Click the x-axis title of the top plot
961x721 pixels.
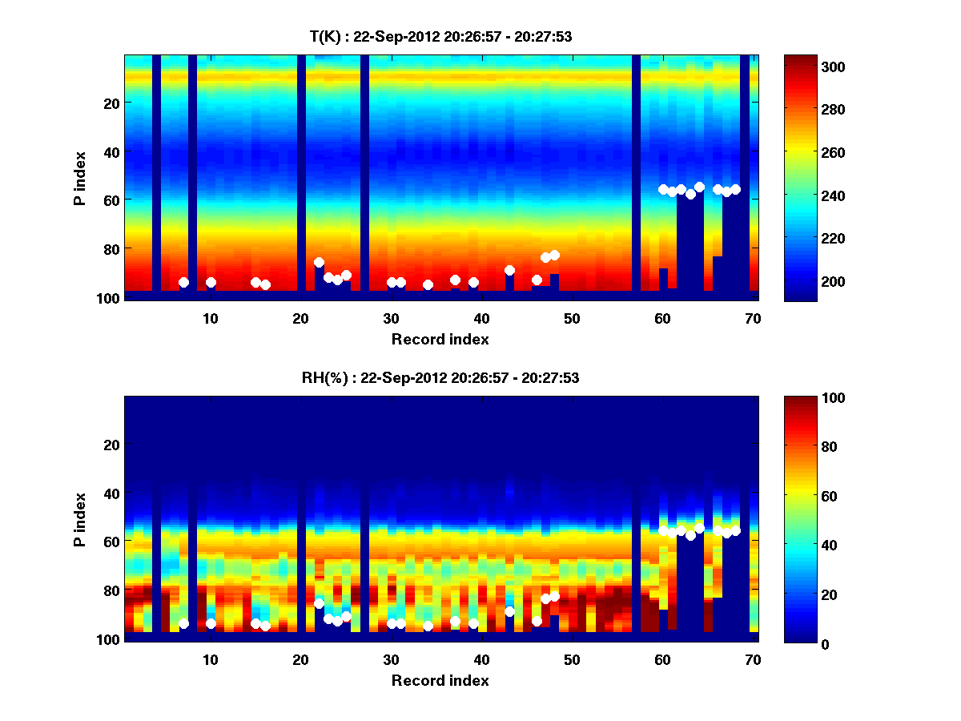click(x=440, y=339)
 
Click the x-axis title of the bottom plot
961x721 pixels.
click(x=440, y=680)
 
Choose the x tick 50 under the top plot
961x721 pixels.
click(x=572, y=317)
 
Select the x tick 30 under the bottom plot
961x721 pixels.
click(x=391, y=659)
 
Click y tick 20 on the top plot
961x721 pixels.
click(x=111, y=103)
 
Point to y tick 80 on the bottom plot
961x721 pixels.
click(x=111, y=590)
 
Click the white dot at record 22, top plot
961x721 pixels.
click(x=319, y=262)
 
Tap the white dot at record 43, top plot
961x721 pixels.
click(x=509, y=270)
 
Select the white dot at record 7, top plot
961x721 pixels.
click(x=183, y=282)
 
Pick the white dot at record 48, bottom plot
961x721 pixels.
click(x=554, y=596)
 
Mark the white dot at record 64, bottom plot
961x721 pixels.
click(x=699, y=528)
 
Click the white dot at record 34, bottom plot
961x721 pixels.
click(x=428, y=626)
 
